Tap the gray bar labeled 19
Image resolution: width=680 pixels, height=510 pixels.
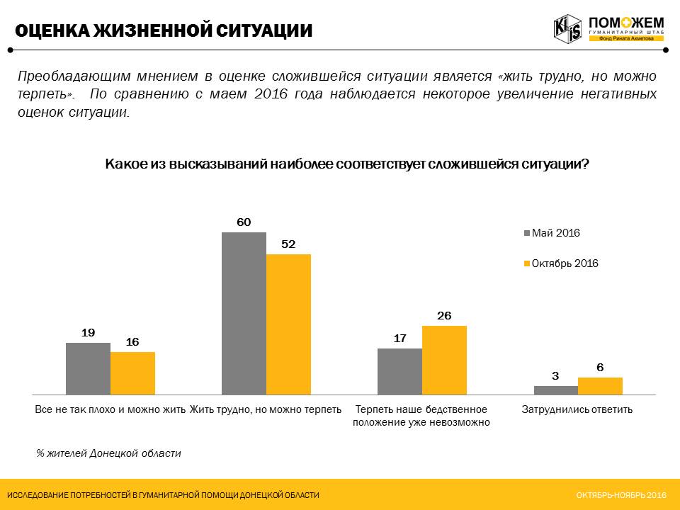[88, 368]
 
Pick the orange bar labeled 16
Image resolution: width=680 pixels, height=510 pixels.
[132, 373]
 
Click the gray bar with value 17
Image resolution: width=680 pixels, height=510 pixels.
[399, 371]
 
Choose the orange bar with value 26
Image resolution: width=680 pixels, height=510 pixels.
[444, 360]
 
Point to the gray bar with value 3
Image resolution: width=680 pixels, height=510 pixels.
[555, 390]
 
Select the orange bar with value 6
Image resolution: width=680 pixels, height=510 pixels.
[600, 385]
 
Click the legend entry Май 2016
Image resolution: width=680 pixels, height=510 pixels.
[555, 233]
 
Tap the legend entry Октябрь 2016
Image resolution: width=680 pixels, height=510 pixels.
[565, 263]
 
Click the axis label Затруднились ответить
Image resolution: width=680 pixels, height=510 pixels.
[577, 409]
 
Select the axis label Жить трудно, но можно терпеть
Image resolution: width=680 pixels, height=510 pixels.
[266, 409]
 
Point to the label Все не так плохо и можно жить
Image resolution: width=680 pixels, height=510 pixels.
[110, 409]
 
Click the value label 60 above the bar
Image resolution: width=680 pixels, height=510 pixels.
[244, 222]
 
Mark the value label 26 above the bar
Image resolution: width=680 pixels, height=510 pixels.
[444, 316]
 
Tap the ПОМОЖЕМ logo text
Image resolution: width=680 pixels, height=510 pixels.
[625, 23]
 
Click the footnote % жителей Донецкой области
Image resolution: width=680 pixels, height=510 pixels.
[109, 453]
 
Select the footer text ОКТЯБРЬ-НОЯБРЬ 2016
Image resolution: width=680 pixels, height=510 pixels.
[621, 494]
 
